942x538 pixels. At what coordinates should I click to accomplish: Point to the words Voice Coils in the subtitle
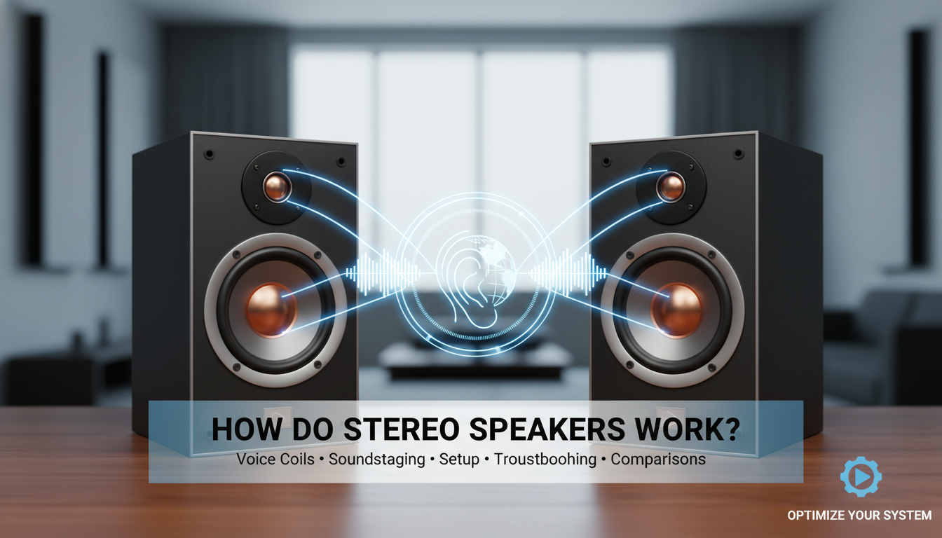(x=274, y=460)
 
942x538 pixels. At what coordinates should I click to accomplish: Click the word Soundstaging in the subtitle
(x=378, y=460)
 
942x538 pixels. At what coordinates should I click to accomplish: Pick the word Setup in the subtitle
(x=458, y=460)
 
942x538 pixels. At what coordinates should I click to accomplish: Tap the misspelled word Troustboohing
(x=544, y=460)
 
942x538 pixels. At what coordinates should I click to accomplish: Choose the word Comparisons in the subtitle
(x=658, y=460)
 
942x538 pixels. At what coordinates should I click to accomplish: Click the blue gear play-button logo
(x=860, y=477)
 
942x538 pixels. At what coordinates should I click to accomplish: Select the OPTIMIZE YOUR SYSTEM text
(x=859, y=516)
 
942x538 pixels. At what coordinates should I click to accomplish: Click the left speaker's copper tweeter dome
(x=276, y=186)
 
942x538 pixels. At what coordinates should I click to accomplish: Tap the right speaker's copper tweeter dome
(x=671, y=186)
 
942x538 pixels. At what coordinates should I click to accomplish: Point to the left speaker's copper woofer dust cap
(x=271, y=308)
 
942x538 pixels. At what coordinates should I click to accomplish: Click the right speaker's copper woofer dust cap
(x=676, y=309)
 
